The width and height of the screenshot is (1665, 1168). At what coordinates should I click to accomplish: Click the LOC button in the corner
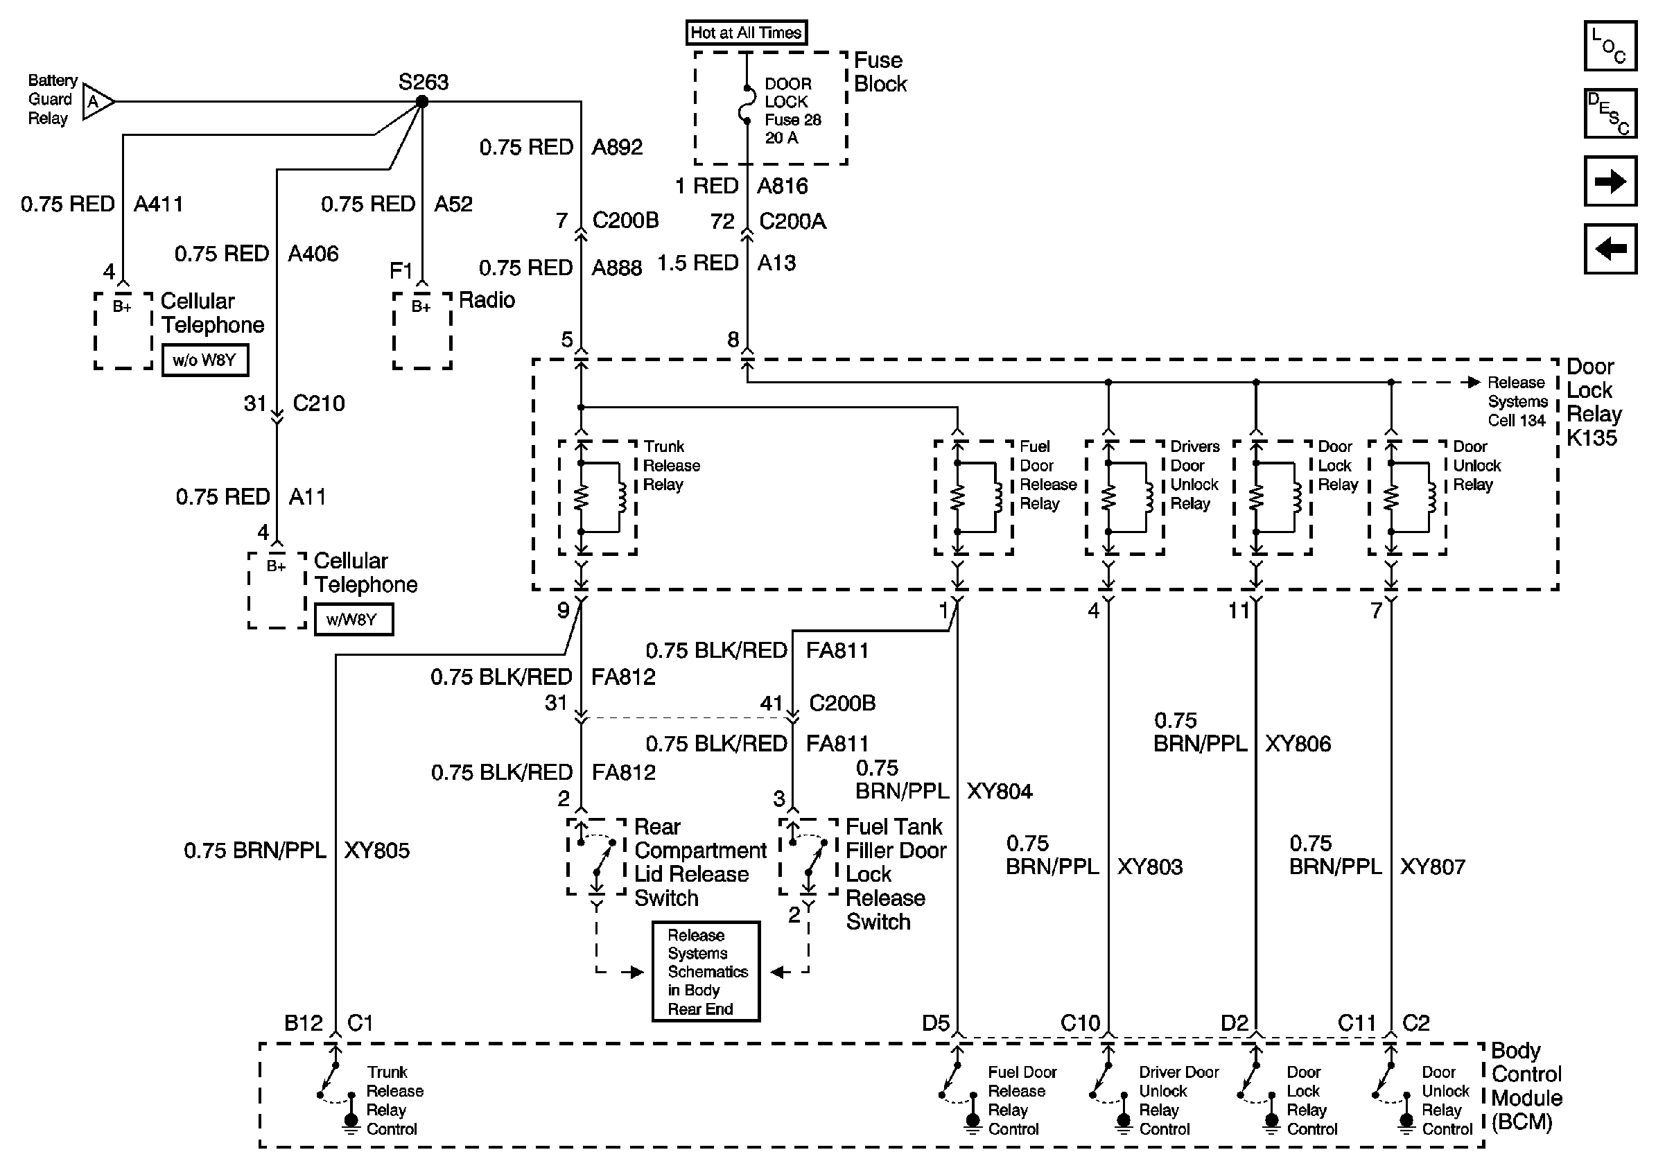(x=1610, y=46)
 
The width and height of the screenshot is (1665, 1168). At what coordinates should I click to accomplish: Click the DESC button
(x=1610, y=113)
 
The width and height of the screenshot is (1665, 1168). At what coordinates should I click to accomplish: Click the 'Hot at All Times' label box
(x=747, y=33)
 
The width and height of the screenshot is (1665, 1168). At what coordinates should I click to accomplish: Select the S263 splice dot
(x=421, y=102)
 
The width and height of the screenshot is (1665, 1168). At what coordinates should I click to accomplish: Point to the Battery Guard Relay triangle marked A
(x=98, y=102)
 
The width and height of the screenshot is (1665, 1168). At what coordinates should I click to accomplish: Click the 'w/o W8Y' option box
(x=204, y=360)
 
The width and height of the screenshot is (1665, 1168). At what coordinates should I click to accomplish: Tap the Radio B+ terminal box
(x=422, y=331)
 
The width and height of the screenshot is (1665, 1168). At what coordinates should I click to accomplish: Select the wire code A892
(x=617, y=147)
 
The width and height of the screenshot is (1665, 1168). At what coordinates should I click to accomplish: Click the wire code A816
(x=783, y=186)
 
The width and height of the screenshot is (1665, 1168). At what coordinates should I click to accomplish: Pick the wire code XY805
(x=376, y=851)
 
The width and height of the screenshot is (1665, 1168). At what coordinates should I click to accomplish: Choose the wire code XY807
(x=1433, y=867)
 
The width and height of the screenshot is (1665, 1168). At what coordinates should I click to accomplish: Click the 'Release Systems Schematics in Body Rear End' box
(x=706, y=972)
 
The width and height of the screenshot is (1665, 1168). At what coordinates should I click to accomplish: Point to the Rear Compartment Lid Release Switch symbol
(x=596, y=857)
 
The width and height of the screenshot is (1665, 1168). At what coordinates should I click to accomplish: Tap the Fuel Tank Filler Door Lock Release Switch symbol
(x=808, y=857)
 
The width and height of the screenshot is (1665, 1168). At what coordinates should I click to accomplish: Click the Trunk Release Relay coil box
(x=598, y=498)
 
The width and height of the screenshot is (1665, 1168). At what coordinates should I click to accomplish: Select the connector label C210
(x=318, y=403)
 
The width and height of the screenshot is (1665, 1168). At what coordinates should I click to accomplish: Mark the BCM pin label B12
(x=303, y=1023)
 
